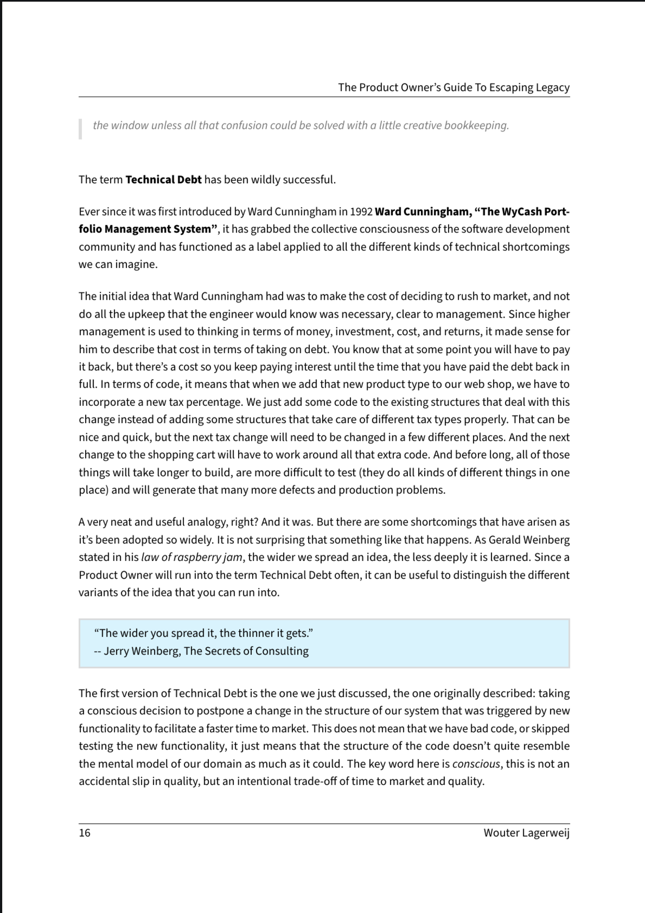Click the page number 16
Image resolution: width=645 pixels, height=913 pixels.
tap(85, 833)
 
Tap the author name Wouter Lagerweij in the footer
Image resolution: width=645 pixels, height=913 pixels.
tap(526, 833)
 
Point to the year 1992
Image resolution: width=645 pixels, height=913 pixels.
tap(361, 212)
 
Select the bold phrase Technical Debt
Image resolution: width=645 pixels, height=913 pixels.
tap(163, 180)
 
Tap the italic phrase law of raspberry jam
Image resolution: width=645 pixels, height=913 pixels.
tap(192, 557)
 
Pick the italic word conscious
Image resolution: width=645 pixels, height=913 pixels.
tap(476, 764)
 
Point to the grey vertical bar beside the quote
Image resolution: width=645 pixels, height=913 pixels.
tap(80, 129)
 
